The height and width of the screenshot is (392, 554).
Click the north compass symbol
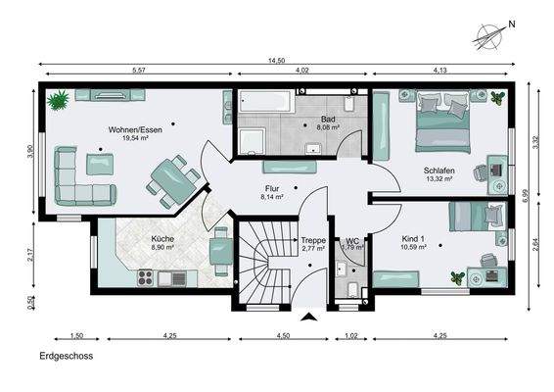click(x=489, y=36)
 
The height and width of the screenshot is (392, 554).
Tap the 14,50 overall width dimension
click(x=276, y=61)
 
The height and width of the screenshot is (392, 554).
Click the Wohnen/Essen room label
click(x=135, y=129)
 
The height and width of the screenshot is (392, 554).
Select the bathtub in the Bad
click(x=266, y=101)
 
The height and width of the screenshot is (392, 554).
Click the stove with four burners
click(x=145, y=277)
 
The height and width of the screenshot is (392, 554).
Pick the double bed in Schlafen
click(x=443, y=122)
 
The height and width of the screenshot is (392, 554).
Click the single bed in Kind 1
click(x=478, y=217)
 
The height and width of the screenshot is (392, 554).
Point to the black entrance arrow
click(x=309, y=317)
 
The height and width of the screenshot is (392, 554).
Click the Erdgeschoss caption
click(x=67, y=356)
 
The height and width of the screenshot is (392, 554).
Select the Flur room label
click(x=272, y=188)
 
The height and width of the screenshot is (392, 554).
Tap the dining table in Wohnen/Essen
click(x=173, y=181)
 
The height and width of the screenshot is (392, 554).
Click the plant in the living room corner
click(x=59, y=100)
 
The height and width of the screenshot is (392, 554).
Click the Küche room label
click(x=162, y=239)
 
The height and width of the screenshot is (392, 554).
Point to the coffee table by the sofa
click(x=100, y=165)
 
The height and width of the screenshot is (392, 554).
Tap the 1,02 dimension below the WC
click(x=351, y=335)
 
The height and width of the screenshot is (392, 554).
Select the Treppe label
click(x=313, y=240)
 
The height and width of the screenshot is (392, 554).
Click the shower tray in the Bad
click(x=252, y=142)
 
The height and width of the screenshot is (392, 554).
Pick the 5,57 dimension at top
click(x=139, y=70)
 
